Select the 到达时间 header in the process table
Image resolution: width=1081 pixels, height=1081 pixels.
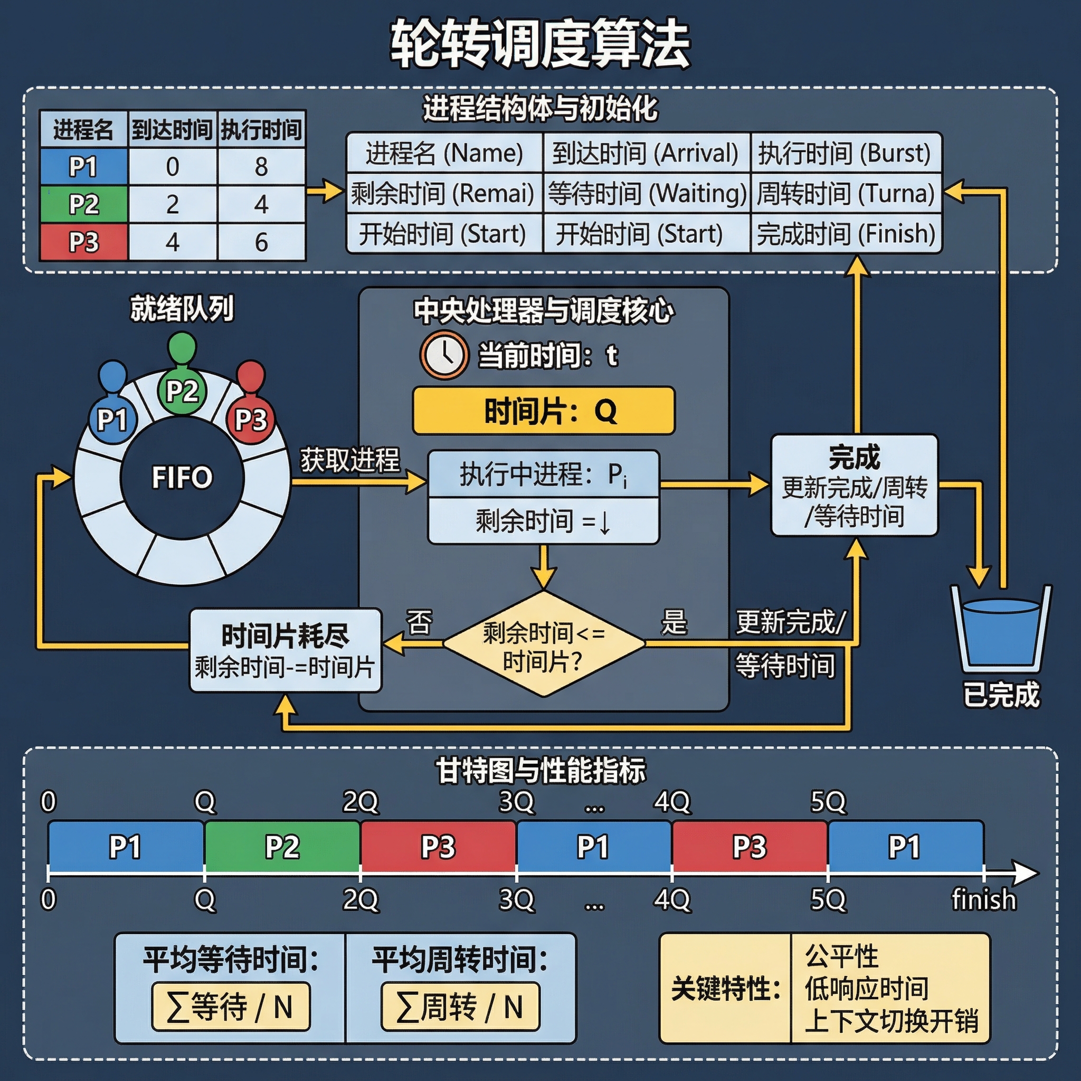pos(172,129)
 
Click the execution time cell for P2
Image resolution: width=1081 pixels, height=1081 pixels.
pos(261,204)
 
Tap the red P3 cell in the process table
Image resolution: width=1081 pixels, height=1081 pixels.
pos(84,242)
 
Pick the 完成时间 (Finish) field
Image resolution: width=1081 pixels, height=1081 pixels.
pos(846,233)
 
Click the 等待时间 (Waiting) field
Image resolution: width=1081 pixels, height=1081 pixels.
pos(647,194)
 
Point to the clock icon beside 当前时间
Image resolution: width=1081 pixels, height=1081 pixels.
pos(444,355)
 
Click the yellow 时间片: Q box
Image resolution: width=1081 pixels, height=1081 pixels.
pos(544,411)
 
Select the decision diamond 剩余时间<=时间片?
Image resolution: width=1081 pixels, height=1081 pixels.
pos(544,644)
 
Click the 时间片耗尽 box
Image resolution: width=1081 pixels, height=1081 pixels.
pos(286,651)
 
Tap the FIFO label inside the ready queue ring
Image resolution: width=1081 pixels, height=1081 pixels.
pos(183,477)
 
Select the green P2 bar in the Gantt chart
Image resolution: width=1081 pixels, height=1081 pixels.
pos(282,847)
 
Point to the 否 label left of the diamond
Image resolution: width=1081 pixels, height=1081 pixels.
pos(419,623)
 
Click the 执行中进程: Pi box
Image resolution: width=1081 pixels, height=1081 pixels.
pos(544,475)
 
